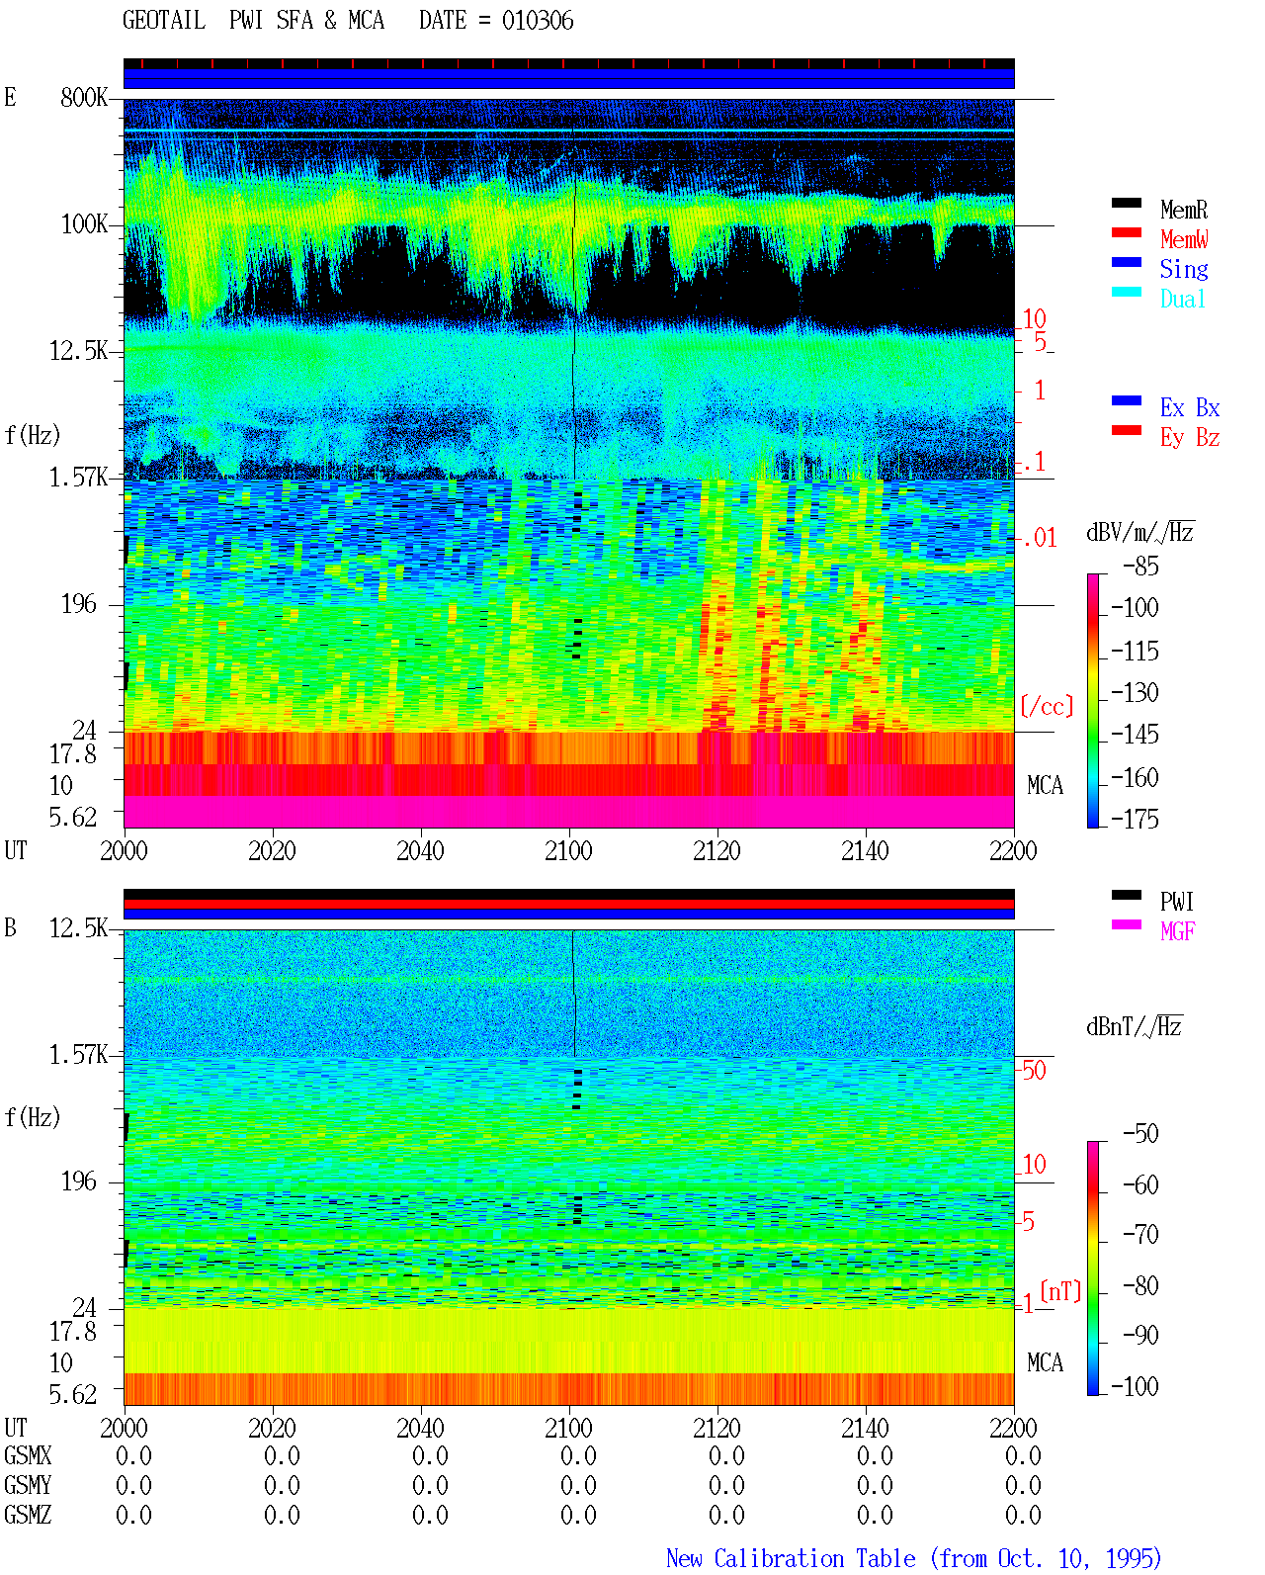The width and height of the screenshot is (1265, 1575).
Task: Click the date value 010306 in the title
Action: click(538, 21)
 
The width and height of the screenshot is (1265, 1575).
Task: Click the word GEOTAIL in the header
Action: click(164, 21)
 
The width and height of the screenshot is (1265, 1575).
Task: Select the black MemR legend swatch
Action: click(1126, 203)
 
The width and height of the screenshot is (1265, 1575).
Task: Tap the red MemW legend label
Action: click(1184, 239)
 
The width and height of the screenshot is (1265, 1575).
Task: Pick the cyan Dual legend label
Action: click(1182, 299)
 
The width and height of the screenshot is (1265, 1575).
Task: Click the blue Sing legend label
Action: click(1183, 269)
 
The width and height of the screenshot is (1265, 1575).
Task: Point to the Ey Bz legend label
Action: click(1190, 438)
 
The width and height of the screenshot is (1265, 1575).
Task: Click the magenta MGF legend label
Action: click(1177, 931)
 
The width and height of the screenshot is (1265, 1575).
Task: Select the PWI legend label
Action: click(1176, 902)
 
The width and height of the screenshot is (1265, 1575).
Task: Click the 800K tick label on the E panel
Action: click(84, 97)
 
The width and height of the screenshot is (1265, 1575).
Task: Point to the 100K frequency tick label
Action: click(84, 224)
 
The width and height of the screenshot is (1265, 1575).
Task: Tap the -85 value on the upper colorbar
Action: click(1140, 567)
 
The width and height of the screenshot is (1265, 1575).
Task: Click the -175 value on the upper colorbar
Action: click(1135, 819)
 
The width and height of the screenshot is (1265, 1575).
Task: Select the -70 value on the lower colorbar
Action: click(1140, 1235)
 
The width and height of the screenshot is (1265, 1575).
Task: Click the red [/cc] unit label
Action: click(1047, 706)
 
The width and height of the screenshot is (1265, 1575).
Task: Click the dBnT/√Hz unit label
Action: click(1134, 1027)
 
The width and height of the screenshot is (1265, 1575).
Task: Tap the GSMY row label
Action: click(28, 1485)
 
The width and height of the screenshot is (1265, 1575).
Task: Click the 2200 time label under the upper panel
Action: click(1013, 851)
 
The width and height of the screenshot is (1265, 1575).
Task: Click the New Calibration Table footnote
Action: click(913, 1558)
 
